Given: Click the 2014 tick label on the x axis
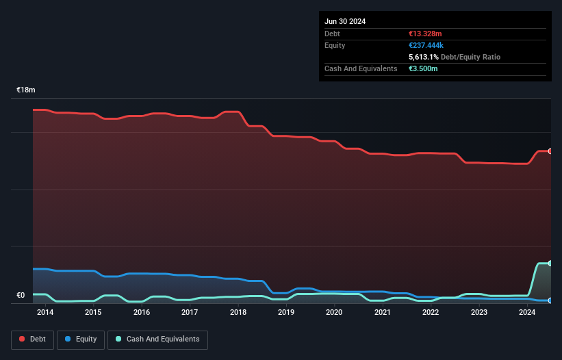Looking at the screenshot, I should [x=45, y=313].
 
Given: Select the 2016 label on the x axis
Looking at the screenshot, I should [x=142, y=313].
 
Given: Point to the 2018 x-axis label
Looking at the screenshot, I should [x=238, y=313].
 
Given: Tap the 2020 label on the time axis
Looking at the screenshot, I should [x=334, y=313].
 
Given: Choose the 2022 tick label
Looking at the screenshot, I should [x=431, y=313].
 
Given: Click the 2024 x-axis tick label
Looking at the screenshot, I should [x=527, y=313].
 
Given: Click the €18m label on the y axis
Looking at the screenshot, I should [x=26, y=90].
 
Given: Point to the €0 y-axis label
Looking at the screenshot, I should [x=21, y=296].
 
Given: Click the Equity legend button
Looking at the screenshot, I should [x=81, y=339].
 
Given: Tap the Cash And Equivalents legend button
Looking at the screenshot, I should [x=157, y=339].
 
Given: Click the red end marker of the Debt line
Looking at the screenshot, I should [x=550, y=151].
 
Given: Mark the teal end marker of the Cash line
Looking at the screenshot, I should [x=550, y=263].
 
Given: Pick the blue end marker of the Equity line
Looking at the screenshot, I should [x=550, y=300].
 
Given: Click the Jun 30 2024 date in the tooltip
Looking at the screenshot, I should [x=345, y=21].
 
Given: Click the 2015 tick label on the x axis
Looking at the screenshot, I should [x=93, y=313].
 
